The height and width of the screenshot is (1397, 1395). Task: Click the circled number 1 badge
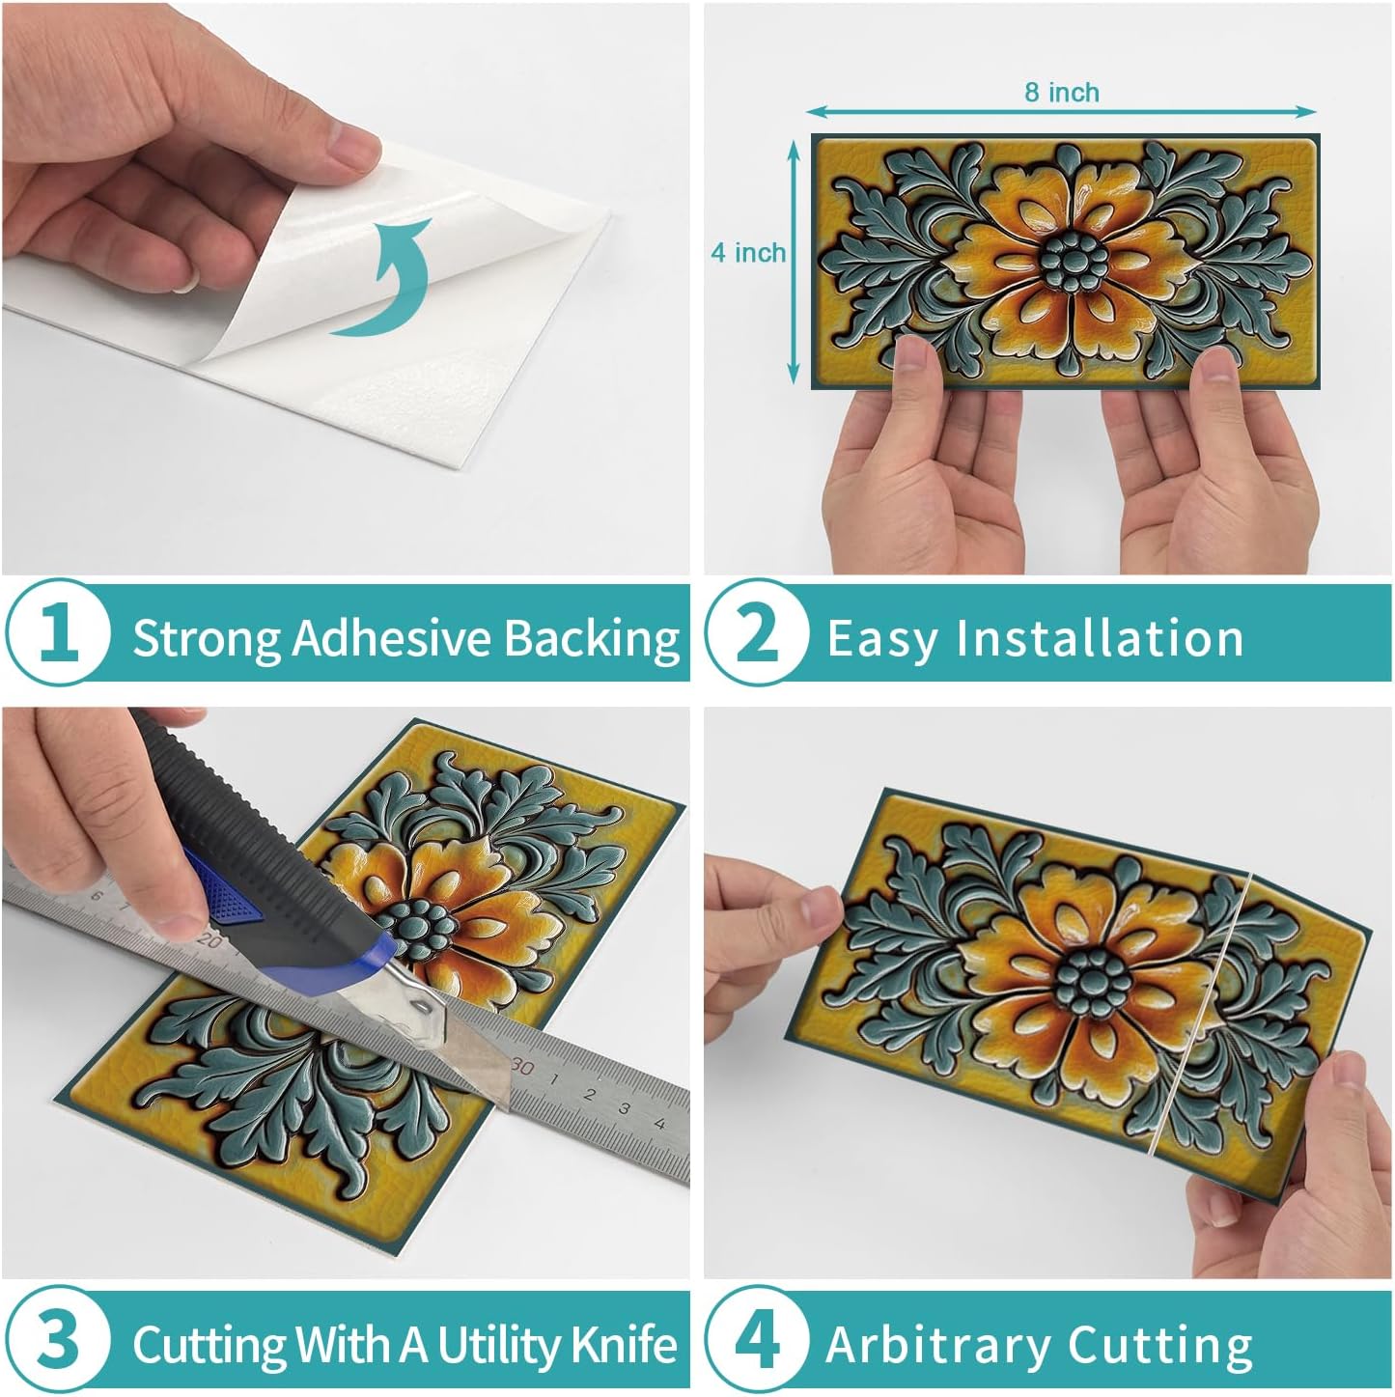pos(58,632)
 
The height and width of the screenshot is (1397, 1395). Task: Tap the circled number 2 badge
pos(758,632)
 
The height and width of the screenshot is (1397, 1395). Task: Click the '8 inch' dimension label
pos(1062,93)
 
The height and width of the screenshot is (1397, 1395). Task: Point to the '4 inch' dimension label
pos(748,252)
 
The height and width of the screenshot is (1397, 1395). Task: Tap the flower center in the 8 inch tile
pos(1074,260)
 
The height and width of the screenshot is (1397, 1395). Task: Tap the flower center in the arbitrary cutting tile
pos(1094,983)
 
